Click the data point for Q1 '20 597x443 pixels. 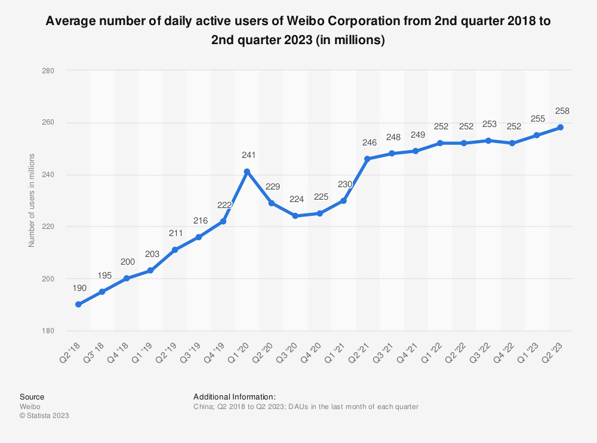point(247,172)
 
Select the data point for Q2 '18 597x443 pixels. point(78,304)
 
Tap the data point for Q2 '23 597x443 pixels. point(561,127)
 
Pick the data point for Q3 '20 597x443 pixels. point(296,216)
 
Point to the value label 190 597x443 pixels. point(79,289)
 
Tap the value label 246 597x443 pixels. point(369,143)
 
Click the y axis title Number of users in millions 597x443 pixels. point(32,200)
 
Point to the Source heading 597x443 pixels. point(32,396)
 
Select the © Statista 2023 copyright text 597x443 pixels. point(44,416)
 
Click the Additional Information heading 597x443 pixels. point(235,396)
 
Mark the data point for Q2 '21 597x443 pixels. point(368,159)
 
